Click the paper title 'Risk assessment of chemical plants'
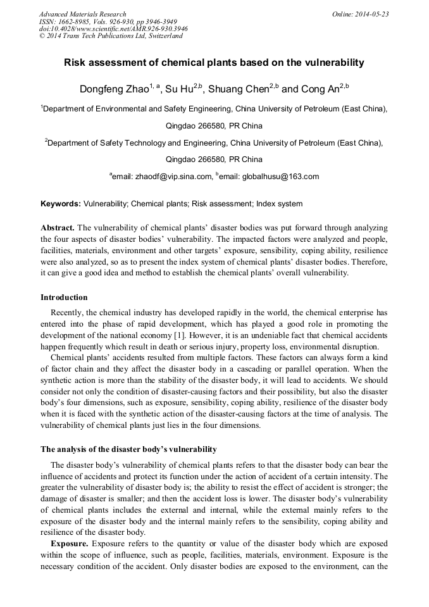pos(214,63)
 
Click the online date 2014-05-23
pos(371,14)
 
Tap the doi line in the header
pos(113,28)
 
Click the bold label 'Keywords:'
pos(61,204)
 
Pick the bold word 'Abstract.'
pos(58,227)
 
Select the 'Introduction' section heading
pos(64,297)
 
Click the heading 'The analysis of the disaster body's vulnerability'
pos(128,449)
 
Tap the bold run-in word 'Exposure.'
pos(70,544)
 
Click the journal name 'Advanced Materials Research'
pos(82,14)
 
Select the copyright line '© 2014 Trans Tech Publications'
pos(111,36)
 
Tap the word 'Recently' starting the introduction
pos(66,312)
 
